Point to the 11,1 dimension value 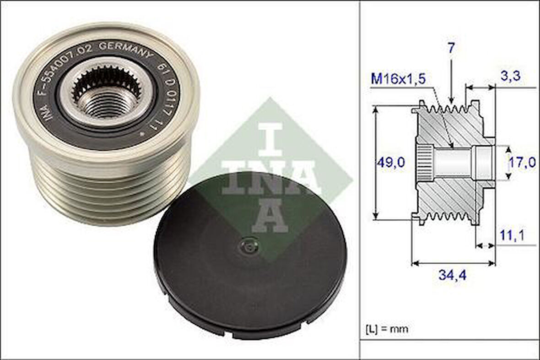[511, 235]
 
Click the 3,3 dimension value [510, 76]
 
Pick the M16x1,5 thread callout [398, 79]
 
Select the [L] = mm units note [387, 328]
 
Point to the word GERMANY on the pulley [126, 48]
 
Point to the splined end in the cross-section [423, 162]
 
